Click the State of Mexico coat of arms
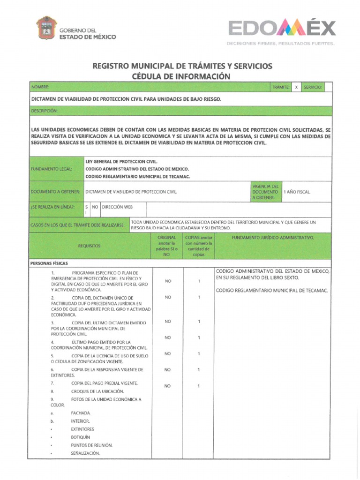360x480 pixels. click(46, 29)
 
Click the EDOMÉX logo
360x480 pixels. click(281, 29)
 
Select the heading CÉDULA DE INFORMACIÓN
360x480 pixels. click(182, 76)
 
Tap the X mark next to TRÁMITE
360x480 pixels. click(296, 87)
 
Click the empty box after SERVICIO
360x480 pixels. click(328, 87)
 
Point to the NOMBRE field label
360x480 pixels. click(40, 87)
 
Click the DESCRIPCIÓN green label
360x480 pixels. click(44, 111)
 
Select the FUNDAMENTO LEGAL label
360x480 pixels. click(52, 169)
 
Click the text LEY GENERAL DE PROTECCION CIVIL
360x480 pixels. click(118, 161)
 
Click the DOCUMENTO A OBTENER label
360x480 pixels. click(55, 192)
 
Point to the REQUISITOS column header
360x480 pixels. click(90, 246)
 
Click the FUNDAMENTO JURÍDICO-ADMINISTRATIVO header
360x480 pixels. click(273, 238)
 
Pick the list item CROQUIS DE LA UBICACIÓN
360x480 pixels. click(97, 391)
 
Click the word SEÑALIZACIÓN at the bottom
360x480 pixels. click(85, 453)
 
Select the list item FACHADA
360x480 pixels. click(81, 413)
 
